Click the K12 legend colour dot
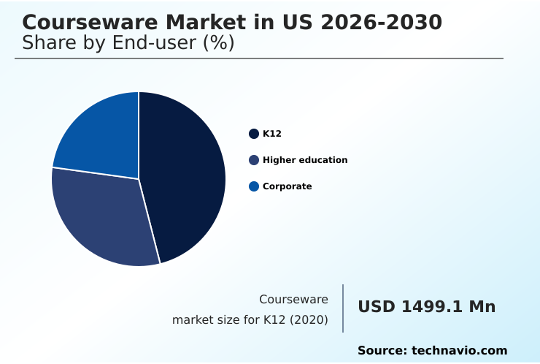pyautogui.click(x=254, y=134)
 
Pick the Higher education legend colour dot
pyautogui.click(x=254, y=160)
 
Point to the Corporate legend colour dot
pyautogui.click(x=254, y=186)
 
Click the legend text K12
pyautogui.click(x=272, y=134)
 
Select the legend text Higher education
pyautogui.click(x=305, y=160)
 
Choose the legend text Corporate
pyautogui.click(x=287, y=186)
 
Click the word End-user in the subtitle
pyautogui.click(x=156, y=43)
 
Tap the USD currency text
pyautogui.click(x=377, y=307)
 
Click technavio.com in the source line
pyautogui.click(x=460, y=351)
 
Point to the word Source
pyautogui.click(x=382, y=351)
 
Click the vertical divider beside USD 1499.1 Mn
pyautogui.click(x=343, y=308)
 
